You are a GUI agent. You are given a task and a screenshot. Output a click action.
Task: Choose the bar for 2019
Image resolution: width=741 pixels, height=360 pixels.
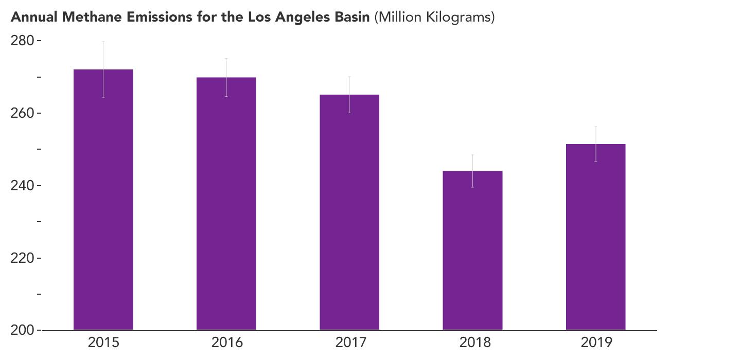click(595, 237)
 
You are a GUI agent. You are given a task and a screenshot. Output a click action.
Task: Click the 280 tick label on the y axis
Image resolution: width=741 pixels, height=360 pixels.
click(22, 41)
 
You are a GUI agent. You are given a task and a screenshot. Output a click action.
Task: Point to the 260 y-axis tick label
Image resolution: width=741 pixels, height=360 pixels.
click(22, 113)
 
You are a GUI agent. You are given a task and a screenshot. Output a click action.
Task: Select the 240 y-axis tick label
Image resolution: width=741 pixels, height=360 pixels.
click(22, 186)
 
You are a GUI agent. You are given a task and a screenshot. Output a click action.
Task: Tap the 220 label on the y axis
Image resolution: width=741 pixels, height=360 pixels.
click(22, 258)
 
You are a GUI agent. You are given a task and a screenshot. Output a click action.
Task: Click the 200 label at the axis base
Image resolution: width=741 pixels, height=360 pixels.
click(22, 330)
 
